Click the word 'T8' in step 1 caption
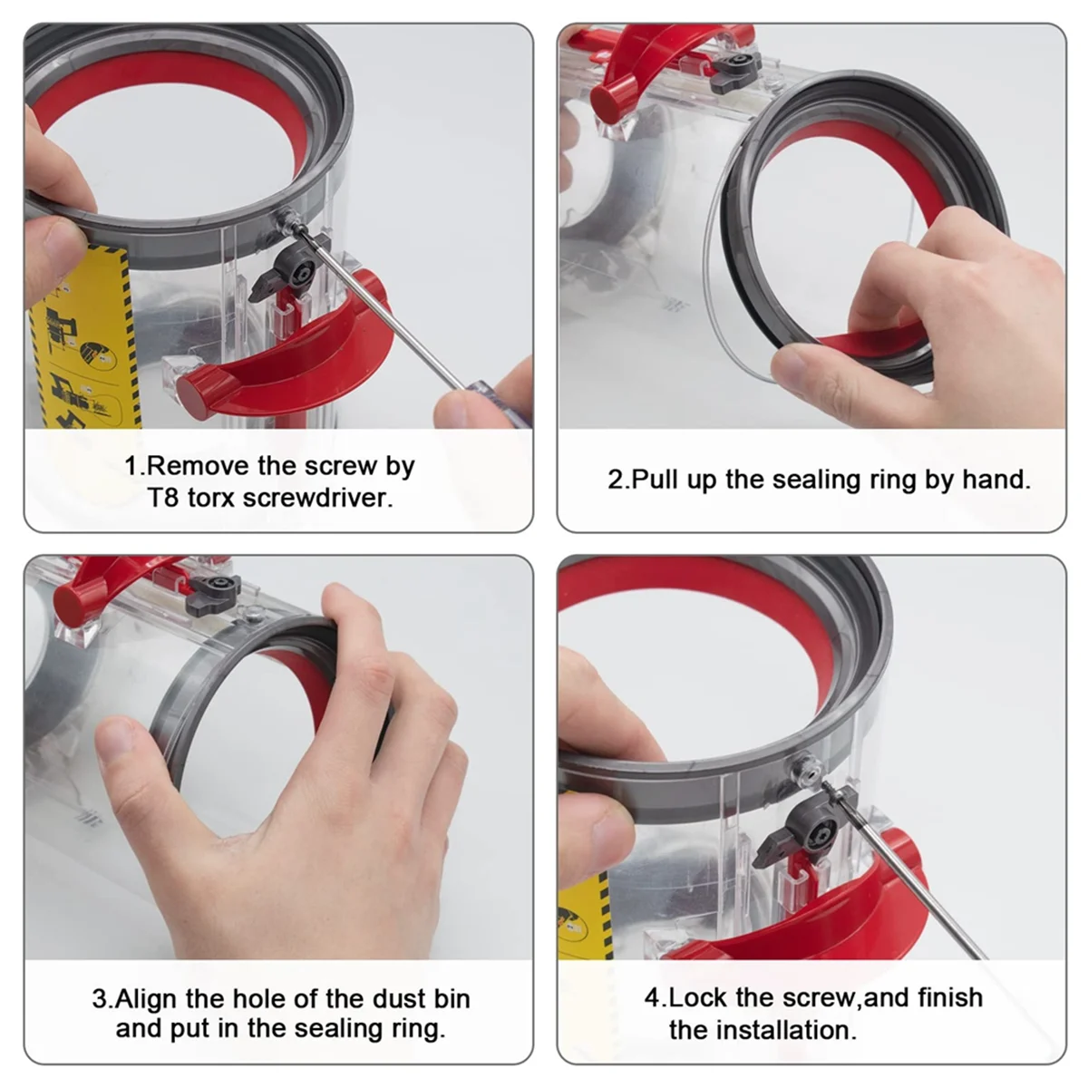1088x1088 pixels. [x=164, y=498]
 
